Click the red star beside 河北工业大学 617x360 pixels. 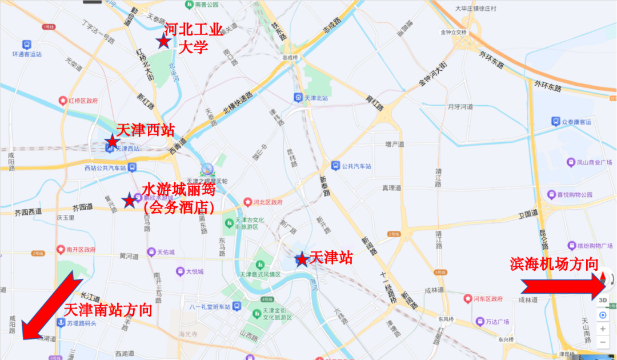[163, 41]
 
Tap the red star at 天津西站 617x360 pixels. [112, 141]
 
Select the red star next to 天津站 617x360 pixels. [302, 259]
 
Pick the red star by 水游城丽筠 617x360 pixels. [130, 200]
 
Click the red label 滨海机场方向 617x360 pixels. [554, 265]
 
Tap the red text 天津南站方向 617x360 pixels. [108, 310]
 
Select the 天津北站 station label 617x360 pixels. [316, 98]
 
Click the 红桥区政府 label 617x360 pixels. [83, 101]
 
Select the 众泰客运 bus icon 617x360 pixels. [555, 121]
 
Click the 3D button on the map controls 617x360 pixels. [603, 300]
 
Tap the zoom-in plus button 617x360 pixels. [603, 329]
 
